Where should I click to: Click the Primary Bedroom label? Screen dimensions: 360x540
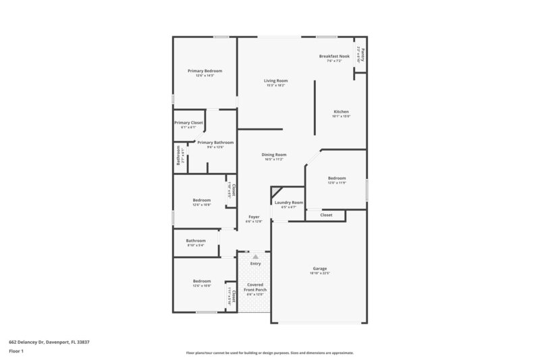click(205, 71)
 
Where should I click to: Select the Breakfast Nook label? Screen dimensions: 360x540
click(334, 56)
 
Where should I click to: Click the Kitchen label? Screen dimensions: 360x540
click(341, 111)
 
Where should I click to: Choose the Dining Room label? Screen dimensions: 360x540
click(274, 155)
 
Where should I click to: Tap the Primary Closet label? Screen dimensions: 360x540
click(188, 123)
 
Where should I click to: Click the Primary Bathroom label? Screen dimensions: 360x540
click(215, 143)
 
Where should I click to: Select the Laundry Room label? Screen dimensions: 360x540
click(288, 203)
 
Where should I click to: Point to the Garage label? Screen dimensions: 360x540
click(319, 269)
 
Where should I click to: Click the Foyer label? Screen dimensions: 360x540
click(254, 217)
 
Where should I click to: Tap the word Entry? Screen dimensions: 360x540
click(255, 263)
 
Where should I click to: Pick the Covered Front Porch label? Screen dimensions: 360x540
click(254, 287)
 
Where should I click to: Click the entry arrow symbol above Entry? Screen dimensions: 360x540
click(255, 257)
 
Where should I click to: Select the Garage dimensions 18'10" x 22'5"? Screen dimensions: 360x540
click(319, 274)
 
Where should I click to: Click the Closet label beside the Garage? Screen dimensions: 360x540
click(326, 215)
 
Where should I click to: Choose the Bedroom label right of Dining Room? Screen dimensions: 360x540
click(337, 178)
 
